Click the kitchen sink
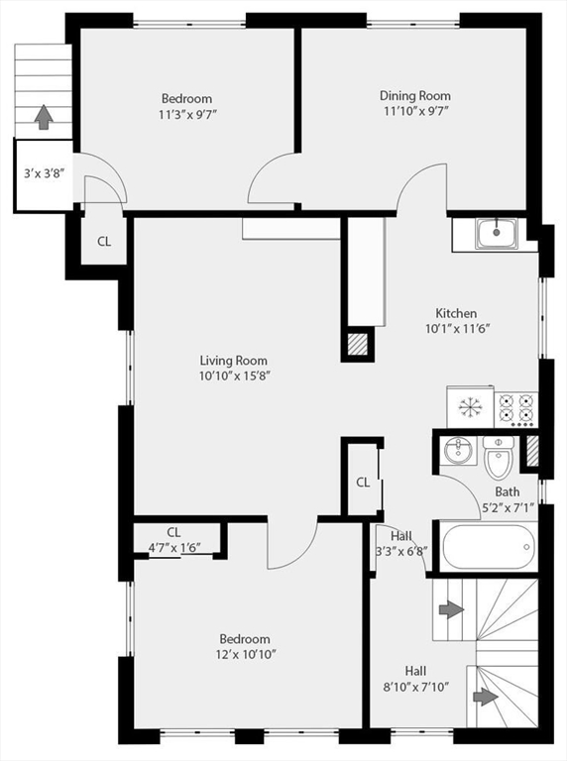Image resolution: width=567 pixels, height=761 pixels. pos(496,234)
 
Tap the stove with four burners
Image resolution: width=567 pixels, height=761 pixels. pos(516,410)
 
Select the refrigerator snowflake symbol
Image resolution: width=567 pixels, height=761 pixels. pos(470,406)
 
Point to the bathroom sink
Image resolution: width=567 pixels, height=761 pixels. pos(458,451)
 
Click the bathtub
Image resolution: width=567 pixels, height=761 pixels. pos(490,547)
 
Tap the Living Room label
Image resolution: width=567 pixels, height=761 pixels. pos(234,361)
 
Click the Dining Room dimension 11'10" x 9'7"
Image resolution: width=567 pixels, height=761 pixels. pos(415,111)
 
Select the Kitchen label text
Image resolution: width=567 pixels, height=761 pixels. pos(456,313)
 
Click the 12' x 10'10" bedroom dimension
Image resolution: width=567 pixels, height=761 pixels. pos(246,655)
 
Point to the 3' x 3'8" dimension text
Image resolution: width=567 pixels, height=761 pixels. pos(45,173)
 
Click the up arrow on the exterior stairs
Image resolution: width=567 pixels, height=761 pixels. pos(44,117)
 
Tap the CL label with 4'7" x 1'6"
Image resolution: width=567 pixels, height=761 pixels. pos(174,540)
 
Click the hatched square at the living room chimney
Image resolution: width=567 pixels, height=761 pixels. pos(358,344)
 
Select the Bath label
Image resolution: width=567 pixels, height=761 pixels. pos(508,491)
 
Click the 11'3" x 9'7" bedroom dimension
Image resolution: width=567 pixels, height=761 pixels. pos(187,115)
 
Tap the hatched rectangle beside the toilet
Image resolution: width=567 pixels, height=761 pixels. pos(532,452)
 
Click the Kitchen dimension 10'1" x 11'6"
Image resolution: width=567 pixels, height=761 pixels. pos(457,329)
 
